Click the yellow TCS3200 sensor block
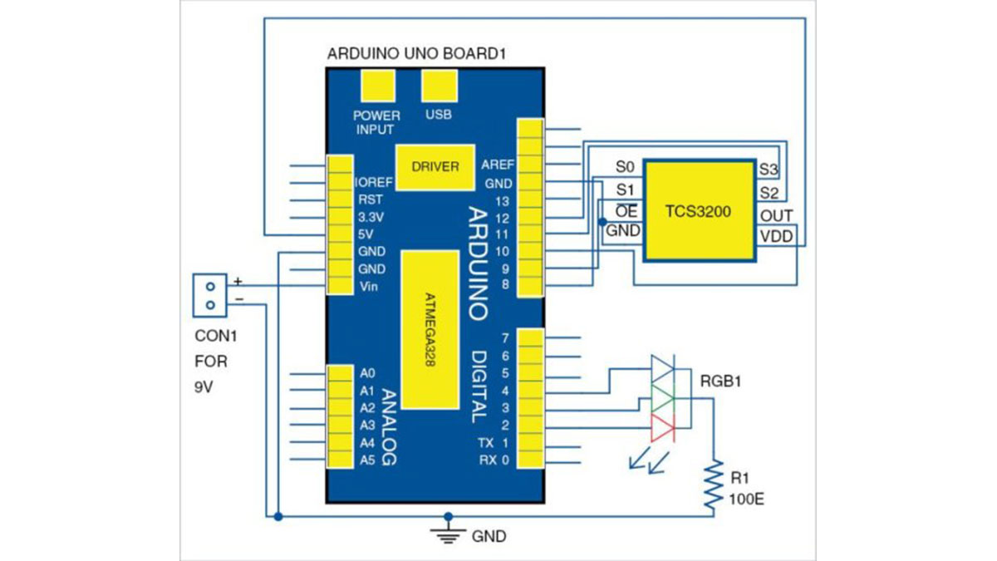[x=698, y=211]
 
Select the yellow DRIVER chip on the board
[x=435, y=166]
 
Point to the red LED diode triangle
[x=662, y=428]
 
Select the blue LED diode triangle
[x=662, y=367]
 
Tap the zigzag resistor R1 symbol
[x=712, y=485]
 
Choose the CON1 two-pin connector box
[x=209, y=295]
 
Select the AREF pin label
[x=497, y=165]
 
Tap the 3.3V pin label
[x=370, y=217]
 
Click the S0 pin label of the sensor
[x=625, y=167]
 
